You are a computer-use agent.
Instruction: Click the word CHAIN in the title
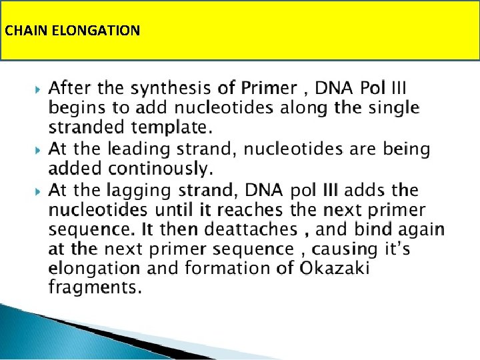[x=21, y=31]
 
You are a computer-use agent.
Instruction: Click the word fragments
[x=95, y=288]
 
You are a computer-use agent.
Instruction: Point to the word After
[x=70, y=87]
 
